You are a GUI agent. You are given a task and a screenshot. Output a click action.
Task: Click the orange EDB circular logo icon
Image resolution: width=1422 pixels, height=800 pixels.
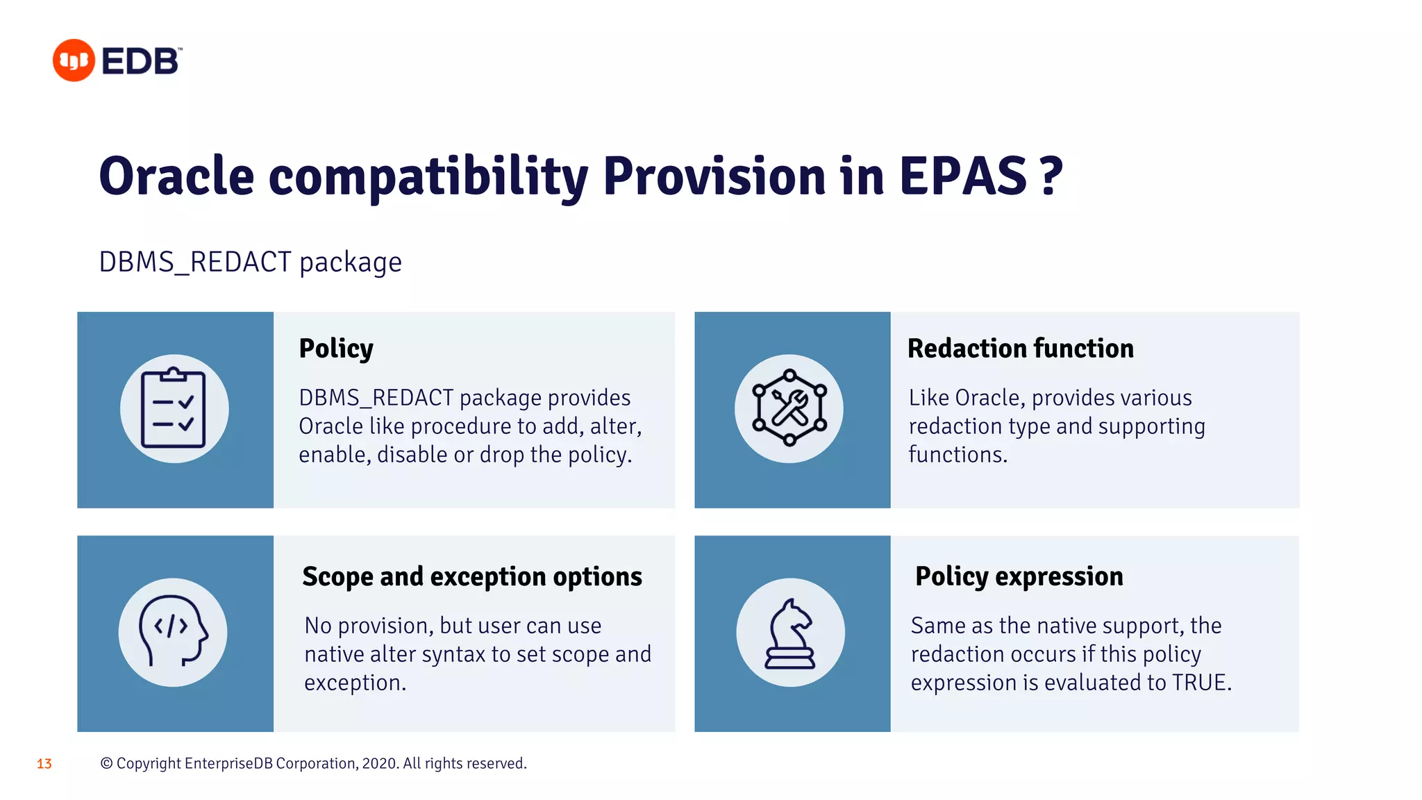(x=74, y=60)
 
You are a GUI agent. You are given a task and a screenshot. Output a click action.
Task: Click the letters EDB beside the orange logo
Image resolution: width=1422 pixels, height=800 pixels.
(x=141, y=61)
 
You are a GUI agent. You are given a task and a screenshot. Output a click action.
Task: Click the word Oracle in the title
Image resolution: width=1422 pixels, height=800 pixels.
(x=176, y=176)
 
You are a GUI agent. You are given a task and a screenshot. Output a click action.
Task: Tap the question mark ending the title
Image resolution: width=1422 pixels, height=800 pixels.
(x=1051, y=176)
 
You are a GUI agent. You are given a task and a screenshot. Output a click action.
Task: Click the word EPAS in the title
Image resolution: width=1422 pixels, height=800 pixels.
(x=962, y=176)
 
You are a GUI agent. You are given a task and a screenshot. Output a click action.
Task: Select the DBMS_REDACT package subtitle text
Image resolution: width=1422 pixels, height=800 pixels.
(x=250, y=262)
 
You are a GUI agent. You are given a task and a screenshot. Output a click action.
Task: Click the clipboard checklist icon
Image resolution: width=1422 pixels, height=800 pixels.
(x=174, y=409)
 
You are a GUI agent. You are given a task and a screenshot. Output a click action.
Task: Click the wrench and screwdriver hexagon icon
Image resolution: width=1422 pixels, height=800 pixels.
(x=789, y=408)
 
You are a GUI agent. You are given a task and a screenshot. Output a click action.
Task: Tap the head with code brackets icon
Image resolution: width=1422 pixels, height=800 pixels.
(x=173, y=632)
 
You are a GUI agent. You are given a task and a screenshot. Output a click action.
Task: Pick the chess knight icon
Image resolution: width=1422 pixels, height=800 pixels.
(x=790, y=633)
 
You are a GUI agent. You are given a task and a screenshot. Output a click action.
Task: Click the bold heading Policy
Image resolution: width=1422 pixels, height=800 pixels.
(x=336, y=349)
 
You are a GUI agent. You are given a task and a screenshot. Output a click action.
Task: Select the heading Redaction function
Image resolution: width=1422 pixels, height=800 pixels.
(x=1020, y=349)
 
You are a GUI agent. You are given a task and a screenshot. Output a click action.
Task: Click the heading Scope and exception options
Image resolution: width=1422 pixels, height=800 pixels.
(x=472, y=577)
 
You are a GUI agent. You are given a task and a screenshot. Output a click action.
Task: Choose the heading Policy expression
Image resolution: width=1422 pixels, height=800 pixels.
(x=1019, y=576)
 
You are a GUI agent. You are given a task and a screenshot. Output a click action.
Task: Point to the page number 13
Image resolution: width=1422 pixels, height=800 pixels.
(x=44, y=764)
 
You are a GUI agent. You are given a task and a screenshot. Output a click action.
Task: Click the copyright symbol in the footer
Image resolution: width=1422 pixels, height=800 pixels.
(x=106, y=763)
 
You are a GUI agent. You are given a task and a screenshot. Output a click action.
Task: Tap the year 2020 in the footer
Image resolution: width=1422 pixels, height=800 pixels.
(x=379, y=763)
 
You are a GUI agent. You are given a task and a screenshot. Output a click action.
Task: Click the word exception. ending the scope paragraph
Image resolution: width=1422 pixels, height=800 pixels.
(x=355, y=683)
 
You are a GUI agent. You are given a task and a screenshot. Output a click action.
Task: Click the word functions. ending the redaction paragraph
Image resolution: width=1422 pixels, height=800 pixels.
(x=957, y=455)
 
